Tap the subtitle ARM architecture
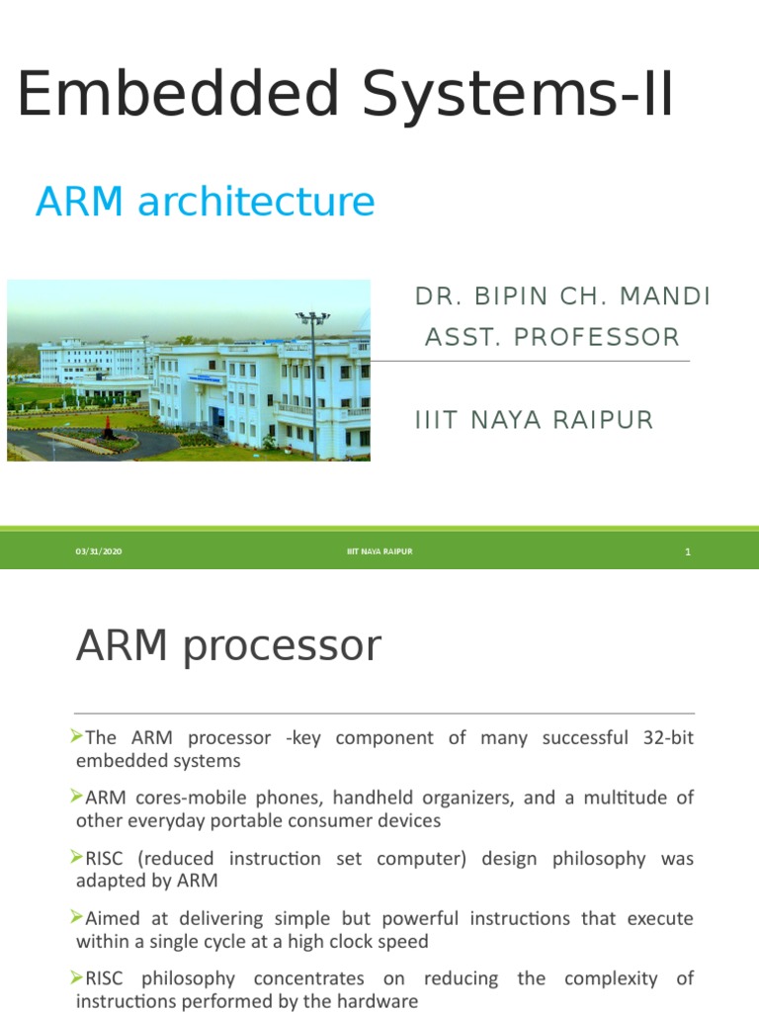[205, 202]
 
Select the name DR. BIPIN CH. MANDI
[562, 296]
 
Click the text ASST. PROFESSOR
[551, 338]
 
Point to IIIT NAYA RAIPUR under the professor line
[534, 420]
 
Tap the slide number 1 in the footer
[687, 552]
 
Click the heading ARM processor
[228, 646]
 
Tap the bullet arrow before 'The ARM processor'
[79, 737]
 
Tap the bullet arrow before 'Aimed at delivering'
[79, 918]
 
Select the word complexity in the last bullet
[609, 978]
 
